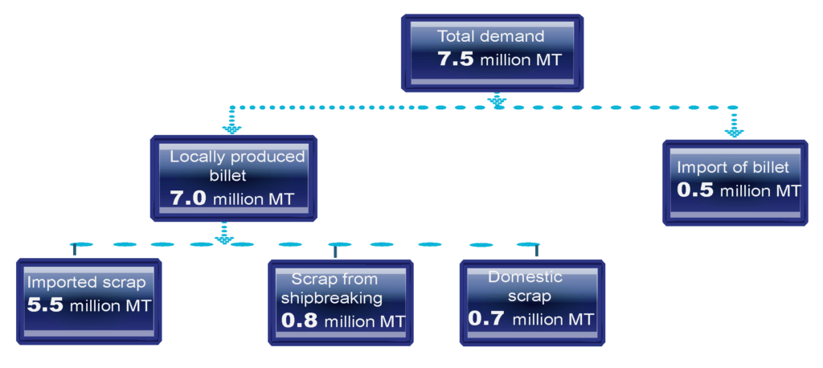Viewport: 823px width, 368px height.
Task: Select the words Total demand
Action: pos(490,36)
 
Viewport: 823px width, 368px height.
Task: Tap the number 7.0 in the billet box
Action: pos(189,198)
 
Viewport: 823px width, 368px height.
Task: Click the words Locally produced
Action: pos(237,157)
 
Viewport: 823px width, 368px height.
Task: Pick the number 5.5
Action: pos(46,305)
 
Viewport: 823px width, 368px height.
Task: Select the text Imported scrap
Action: pos(87,283)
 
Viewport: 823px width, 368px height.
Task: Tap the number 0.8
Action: pos(300,320)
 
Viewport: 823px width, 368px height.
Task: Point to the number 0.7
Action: pos(486,318)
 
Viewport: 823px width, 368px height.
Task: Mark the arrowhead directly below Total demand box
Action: pos(497,100)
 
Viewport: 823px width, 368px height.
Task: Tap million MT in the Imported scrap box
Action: pos(111,306)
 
